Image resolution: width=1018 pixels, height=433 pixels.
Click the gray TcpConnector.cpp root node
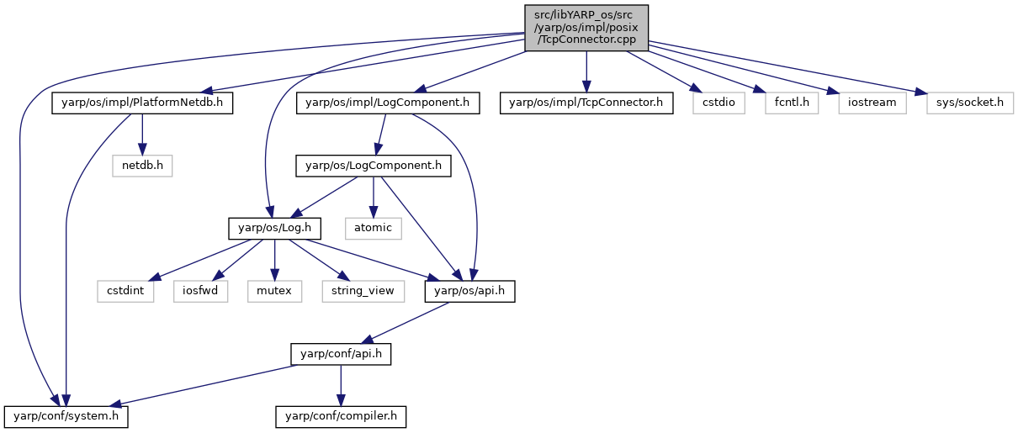[586, 28]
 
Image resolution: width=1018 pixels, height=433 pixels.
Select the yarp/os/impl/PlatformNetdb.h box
[142, 103]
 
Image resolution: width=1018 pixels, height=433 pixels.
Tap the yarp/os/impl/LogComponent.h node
[388, 103]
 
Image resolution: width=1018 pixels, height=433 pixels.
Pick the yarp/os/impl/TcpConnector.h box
[586, 103]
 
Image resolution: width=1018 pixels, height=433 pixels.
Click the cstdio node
[719, 103]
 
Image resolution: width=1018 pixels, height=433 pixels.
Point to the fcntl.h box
[792, 103]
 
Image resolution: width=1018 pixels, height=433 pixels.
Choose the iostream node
[872, 103]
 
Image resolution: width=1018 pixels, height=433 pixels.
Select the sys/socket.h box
[970, 103]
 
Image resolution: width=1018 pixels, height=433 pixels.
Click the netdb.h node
[142, 166]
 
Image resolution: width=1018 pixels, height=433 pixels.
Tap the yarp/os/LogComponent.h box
[374, 166]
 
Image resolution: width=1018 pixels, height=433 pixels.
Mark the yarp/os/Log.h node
[274, 229]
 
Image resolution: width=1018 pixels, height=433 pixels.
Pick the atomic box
[374, 229]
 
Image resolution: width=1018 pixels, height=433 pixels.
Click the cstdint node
[125, 291]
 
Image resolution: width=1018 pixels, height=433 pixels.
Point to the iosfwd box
[200, 291]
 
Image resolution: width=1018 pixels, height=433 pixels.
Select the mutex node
[274, 291]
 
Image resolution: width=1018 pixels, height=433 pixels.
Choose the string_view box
[363, 291]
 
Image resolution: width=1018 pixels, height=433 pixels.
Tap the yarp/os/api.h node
[470, 291]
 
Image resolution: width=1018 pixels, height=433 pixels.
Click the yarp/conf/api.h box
[341, 354]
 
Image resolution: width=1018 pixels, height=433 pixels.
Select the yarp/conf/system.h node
[66, 417]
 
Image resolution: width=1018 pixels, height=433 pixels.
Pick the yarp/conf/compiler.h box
[341, 417]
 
